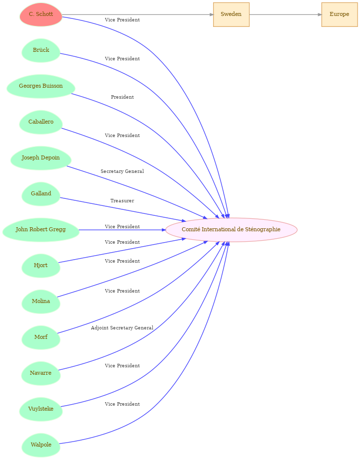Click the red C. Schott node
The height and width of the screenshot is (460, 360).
[41, 14]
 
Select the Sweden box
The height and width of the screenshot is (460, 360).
[232, 14]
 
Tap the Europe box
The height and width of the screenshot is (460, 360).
[340, 14]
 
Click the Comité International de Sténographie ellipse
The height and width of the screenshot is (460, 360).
[232, 230]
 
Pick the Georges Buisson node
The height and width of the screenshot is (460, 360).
[41, 86]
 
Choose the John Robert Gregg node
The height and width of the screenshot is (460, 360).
[41, 230]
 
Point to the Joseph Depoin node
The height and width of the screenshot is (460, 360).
[41, 158]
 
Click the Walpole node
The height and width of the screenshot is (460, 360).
[41, 445]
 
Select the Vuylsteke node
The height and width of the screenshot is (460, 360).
[41, 409]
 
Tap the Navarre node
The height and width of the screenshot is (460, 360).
[41, 373]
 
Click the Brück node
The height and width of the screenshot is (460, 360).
[41, 50]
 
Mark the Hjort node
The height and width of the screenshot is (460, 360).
[41, 266]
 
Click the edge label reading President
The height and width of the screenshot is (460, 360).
[122, 97]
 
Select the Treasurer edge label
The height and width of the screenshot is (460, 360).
[122, 201]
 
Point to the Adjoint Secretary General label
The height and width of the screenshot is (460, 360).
[122, 328]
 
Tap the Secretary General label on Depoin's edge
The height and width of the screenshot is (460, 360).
[122, 171]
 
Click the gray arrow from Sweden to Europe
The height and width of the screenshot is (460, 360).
[285, 14]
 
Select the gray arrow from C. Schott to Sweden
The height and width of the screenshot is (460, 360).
[138, 14]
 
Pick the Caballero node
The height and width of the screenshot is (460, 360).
[41, 122]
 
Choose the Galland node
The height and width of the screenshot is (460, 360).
[41, 194]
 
